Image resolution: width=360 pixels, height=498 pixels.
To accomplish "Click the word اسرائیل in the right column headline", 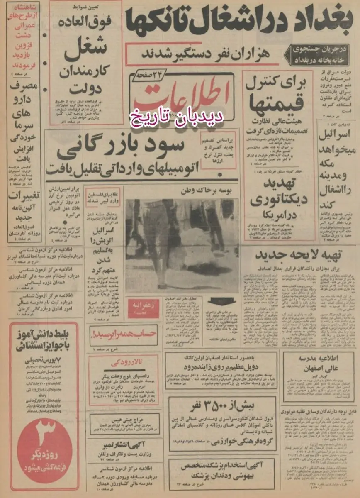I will point(336,134).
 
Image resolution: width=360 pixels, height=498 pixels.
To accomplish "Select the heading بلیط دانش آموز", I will point(40,340).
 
